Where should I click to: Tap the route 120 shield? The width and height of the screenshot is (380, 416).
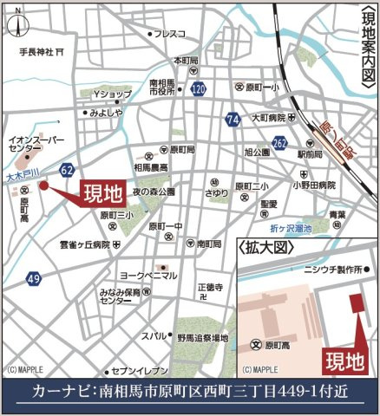199,88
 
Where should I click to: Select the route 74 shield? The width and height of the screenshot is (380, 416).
231,118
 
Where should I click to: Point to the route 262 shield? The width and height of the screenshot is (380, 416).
279,141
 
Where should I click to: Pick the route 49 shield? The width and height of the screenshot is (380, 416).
33,279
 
